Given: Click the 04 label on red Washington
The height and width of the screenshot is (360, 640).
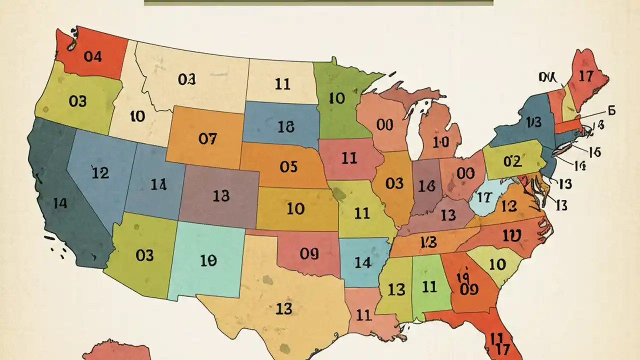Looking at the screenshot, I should point(92,57).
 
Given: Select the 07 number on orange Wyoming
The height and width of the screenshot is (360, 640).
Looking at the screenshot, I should point(207,139).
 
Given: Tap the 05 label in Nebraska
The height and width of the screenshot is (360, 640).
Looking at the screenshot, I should point(288,166).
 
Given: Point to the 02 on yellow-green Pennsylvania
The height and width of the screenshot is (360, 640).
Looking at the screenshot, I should point(512,161).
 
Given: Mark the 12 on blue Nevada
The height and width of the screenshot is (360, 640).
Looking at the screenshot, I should point(100,173).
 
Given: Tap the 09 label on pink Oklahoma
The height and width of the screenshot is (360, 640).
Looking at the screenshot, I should point(309,254).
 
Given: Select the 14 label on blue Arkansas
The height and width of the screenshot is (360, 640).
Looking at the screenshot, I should point(362,262).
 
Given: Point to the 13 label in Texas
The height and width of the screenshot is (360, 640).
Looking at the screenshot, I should point(283,309).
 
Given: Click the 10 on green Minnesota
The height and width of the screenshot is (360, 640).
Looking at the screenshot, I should point(337,98).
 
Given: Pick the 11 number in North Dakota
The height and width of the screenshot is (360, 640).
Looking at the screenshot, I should point(282,83).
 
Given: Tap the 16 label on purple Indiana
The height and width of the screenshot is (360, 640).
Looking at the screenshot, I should point(427,186).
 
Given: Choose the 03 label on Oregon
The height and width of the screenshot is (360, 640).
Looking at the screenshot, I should point(77,101).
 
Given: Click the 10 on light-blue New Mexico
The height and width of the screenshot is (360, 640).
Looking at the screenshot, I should point(208,260).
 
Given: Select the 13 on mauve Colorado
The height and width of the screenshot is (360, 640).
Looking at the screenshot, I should point(220,196).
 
